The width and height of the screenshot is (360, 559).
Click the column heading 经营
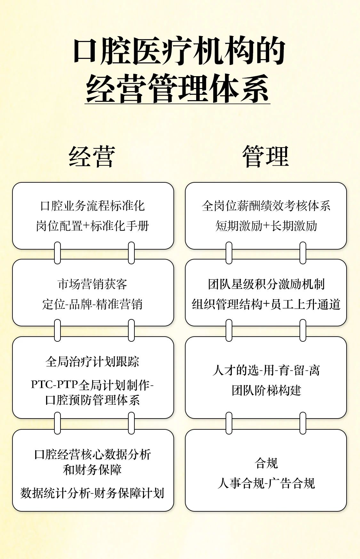click(x=92, y=157)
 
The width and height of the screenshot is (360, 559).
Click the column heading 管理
click(x=266, y=157)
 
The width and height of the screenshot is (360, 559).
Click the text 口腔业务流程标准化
click(x=93, y=206)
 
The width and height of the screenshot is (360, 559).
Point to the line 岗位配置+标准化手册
click(x=93, y=226)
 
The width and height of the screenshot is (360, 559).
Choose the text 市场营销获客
click(x=93, y=284)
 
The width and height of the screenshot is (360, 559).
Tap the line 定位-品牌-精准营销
click(x=93, y=304)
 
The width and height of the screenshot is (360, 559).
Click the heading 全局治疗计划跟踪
click(x=93, y=362)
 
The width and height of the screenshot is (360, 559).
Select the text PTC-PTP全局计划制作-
click(x=93, y=384)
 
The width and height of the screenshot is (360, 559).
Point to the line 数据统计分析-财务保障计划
click(x=93, y=493)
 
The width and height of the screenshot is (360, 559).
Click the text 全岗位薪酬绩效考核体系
click(x=266, y=206)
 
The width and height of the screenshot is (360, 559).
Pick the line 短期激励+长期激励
click(x=266, y=226)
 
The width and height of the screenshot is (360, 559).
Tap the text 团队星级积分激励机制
click(x=266, y=284)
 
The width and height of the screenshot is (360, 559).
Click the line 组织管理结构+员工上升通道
click(x=266, y=304)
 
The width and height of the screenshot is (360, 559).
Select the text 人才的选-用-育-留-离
click(x=266, y=371)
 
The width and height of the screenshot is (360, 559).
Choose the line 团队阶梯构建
click(x=266, y=390)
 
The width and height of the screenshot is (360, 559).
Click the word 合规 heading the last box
click(x=266, y=463)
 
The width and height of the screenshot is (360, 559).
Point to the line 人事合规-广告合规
click(x=266, y=483)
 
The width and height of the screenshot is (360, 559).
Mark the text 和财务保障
click(x=93, y=470)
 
